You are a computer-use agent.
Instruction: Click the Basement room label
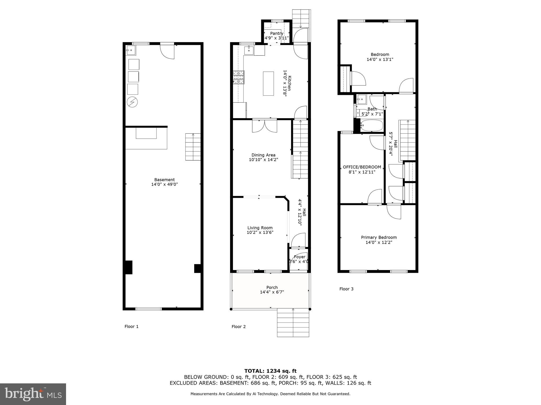click(164, 180)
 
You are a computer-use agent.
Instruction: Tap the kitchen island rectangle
click(268, 83)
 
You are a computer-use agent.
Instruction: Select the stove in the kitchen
click(239, 78)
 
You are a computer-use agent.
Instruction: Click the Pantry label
click(277, 33)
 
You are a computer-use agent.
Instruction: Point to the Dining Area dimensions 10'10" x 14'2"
click(263, 160)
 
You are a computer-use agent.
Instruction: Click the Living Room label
click(260, 228)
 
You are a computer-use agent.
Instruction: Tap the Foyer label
click(300, 257)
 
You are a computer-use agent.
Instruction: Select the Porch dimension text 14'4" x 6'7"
click(272, 292)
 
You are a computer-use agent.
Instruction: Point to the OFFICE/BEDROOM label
click(362, 167)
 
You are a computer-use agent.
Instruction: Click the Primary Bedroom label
click(379, 237)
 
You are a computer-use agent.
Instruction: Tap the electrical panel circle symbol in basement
click(132, 102)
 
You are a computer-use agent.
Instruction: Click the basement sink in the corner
click(131, 50)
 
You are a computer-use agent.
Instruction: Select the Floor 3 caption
click(346, 289)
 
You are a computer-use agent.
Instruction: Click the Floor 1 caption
click(132, 326)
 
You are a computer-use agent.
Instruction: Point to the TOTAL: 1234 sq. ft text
click(270, 371)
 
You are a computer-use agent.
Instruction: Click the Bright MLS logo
click(33, 394)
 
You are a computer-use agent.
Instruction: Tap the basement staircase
click(193, 147)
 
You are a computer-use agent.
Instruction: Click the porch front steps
click(293, 323)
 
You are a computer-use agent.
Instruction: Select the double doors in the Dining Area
click(265, 126)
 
